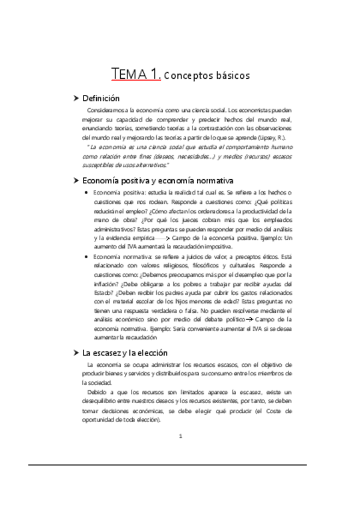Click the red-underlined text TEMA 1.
click(x=136, y=75)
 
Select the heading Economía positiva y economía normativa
click(x=157, y=180)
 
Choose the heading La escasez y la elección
click(x=125, y=352)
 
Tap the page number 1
click(x=180, y=436)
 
